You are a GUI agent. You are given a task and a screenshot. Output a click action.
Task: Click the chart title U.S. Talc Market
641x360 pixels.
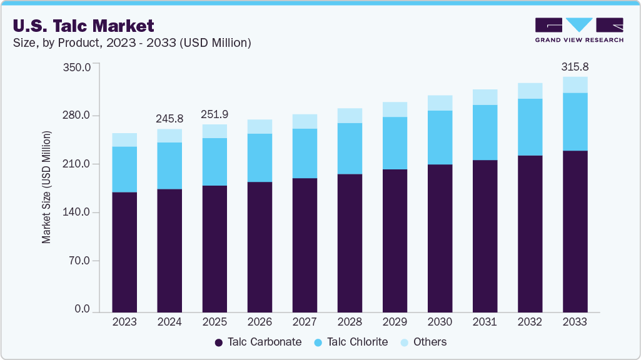(83, 26)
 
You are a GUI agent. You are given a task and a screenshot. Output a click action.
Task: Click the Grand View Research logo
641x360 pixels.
(578, 29)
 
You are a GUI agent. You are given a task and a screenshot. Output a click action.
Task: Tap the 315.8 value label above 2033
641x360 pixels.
(575, 67)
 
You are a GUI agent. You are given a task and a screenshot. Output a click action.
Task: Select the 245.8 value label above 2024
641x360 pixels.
(169, 118)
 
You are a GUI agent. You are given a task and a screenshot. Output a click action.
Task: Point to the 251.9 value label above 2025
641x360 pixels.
(215, 114)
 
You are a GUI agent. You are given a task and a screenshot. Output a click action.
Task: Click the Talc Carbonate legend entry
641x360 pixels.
(258, 342)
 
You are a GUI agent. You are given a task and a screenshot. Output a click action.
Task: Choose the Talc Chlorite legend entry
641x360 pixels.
(351, 342)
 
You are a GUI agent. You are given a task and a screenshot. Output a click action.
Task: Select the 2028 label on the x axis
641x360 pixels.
(350, 322)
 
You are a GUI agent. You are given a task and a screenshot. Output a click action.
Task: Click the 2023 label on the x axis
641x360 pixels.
(124, 322)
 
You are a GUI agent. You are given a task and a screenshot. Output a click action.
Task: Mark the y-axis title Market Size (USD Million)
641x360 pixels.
(46, 187)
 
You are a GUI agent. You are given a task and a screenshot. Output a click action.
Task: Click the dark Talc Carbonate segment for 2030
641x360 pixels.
(440, 237)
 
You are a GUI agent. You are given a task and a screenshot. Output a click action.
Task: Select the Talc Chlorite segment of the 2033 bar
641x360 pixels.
(575, 122)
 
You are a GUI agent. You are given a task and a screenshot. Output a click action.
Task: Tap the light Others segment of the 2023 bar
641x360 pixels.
(124, 140)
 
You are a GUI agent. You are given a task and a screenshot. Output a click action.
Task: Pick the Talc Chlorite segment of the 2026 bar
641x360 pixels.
(260, 157)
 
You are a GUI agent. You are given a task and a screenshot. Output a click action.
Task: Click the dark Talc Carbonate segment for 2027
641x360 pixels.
(305, 244)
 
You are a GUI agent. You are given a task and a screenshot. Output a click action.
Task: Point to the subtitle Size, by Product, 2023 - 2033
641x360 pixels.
(131, 43)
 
